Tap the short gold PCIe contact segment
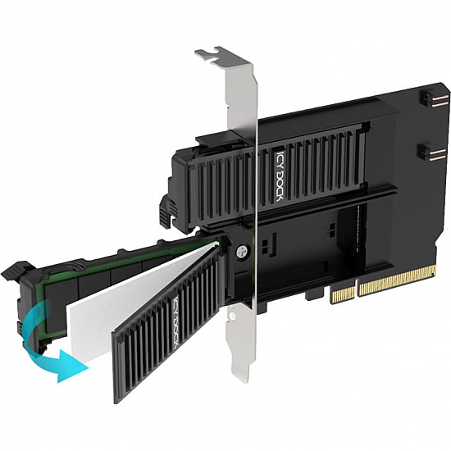[x=343, y=291]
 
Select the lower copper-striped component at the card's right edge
[x=425, y=152]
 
